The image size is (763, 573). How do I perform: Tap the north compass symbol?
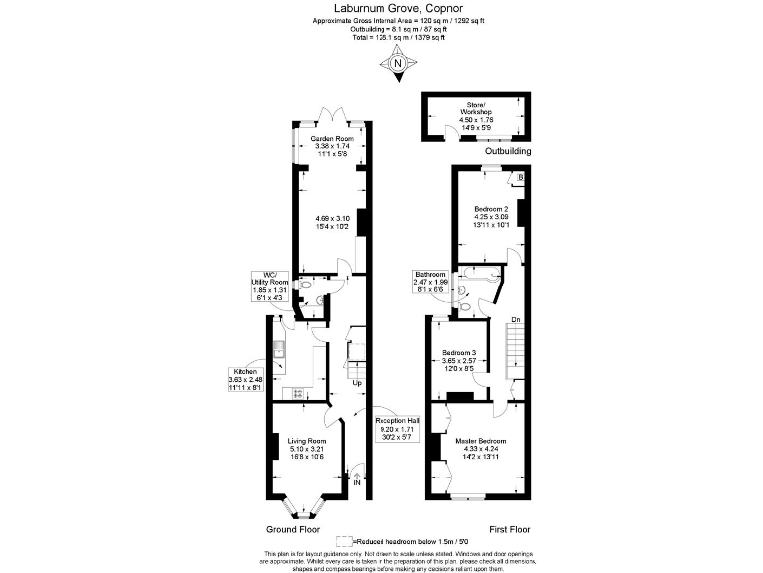coord(397,65)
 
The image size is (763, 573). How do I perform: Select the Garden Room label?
coord(332,139)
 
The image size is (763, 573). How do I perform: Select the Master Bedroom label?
coord(481,441)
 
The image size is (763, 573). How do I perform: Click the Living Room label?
coord(307,441)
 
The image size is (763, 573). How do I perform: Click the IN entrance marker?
coord(358,482)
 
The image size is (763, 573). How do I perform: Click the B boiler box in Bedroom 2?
coord(520,178)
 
